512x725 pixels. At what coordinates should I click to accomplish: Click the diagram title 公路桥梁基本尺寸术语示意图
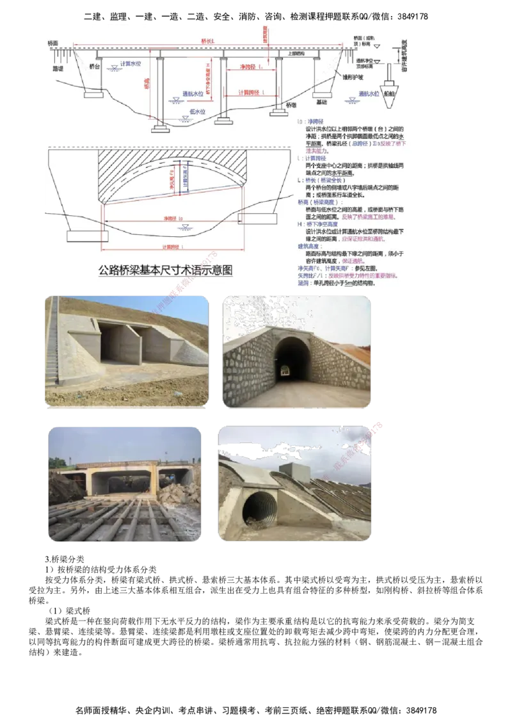coord(165,271)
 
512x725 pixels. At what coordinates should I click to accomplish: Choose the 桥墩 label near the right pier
coord(292,104)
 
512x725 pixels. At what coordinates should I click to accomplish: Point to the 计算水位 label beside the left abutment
coord(130,64)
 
